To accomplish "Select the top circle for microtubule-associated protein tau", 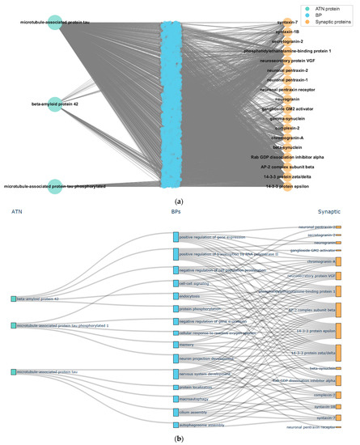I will pyautogui.click(x=54, y=23).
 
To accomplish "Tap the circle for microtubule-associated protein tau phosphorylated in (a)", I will pyautogui.click(x=54, y=186).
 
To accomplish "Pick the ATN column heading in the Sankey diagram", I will pyautogui.click(x=17, y=211).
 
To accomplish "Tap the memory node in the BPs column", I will pyautogui.click(x=175, y=345).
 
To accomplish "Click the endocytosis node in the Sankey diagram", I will pyautogui.click(x=175, y=295).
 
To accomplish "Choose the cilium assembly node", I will pyautogui.click(x=175, y=412).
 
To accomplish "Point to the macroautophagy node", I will pyautogui.click(x=175, y=399).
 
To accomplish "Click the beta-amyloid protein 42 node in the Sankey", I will pyautogui.click(x=14, y=299).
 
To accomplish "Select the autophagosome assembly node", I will pyautogui.click(x=175, y=424).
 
